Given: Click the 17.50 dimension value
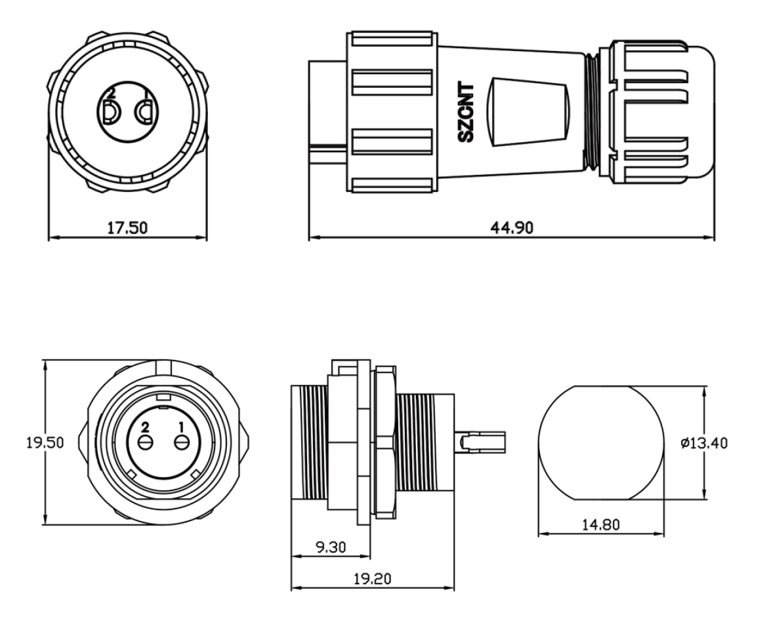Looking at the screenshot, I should click(x=128, y=227).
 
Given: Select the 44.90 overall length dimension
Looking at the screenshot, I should click(x=512, y=227).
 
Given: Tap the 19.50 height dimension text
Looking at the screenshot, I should click(x=45, y=442).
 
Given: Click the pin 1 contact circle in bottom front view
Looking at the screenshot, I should click(x=180, y=444).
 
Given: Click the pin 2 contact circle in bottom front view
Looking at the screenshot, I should click(x=146, y=444).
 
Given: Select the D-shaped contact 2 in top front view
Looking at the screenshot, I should click(x=110, y=115).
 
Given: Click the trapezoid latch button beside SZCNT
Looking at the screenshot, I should click(x=528, y=112).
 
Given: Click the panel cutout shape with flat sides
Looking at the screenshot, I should click(x=600, y=442).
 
